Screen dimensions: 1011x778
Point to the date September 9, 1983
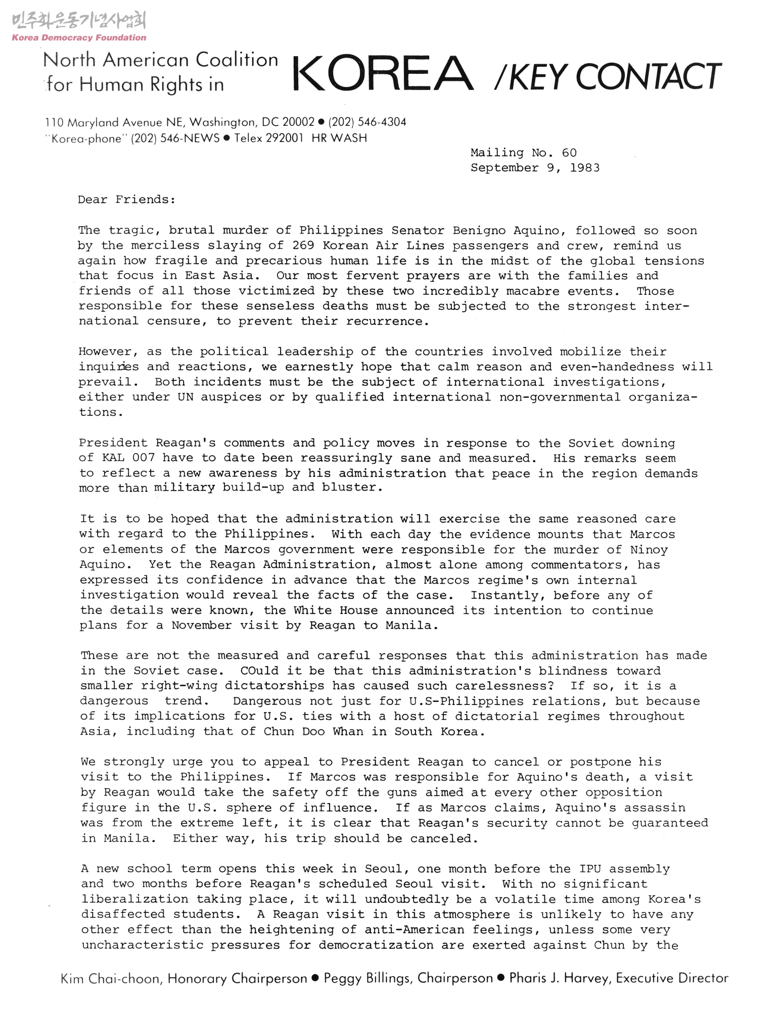pos(535,168)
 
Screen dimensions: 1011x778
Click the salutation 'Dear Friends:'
pos(126,200)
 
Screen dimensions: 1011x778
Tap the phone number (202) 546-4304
pos(367,122)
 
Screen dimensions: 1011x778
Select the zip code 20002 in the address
pos(298,122)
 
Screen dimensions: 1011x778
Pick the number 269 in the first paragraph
pos(303,246)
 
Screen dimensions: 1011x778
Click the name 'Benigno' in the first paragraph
pos(478,231)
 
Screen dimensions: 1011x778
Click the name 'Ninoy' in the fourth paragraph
pos(649,550)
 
